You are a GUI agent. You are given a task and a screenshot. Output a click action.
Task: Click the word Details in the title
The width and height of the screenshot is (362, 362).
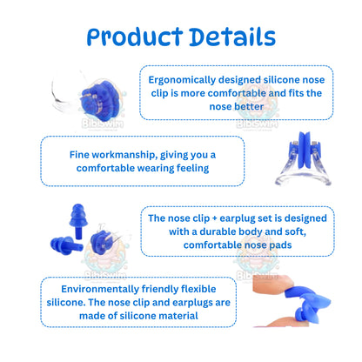point(227,37)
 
